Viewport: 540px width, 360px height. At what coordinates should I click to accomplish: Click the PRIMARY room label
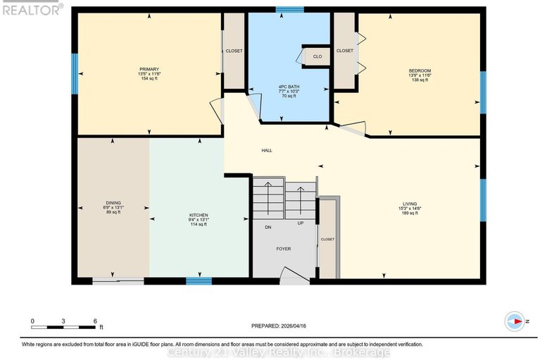[149, 69]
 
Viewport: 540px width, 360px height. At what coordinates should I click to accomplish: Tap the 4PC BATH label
[289, 86]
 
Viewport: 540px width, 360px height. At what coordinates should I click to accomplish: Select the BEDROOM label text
[420, 70]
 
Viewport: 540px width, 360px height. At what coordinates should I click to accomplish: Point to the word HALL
[267, 150]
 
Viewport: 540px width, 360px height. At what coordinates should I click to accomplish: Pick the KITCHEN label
[199, 215]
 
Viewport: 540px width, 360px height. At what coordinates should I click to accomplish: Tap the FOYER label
[283, 249]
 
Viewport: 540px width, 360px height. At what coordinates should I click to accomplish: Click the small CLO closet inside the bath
[318, 56]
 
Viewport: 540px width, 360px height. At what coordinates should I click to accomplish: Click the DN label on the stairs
[268, 227]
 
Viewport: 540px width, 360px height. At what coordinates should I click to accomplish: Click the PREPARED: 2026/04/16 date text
[280, 325]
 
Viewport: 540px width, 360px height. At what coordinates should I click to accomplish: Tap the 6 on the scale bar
[95, 321]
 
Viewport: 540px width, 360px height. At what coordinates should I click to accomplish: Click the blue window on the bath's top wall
[289, 10]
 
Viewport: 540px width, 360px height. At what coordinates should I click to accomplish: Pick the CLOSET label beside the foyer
[328, 240]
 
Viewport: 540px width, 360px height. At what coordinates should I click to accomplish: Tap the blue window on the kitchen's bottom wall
[199, 281]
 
